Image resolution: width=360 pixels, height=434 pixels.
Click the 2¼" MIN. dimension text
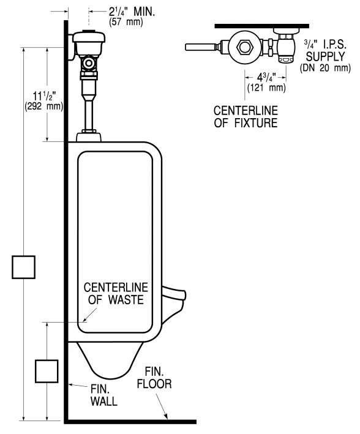[x=133, y=11]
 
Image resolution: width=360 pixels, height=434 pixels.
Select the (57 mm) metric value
[x=126, y=23]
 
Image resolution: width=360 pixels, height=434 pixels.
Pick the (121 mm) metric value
[x=264, y=88]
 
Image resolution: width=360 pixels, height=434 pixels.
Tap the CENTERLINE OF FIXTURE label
[x=245, y=116]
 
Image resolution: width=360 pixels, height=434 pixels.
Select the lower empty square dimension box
[x=47, y=371]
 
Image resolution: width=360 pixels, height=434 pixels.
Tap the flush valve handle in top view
[x=199, y=47]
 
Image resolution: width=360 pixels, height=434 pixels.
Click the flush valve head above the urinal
[x=89, y=42]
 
